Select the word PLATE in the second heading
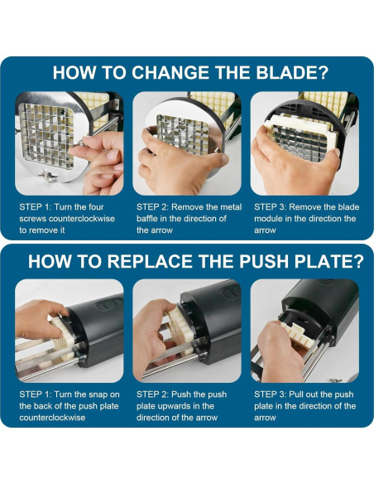324,261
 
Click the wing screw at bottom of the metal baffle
48,176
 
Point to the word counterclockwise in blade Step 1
82,219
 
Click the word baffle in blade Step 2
146,219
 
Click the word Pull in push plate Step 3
295,394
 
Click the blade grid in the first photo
46,135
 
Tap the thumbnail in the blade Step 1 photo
113,155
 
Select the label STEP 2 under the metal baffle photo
152,207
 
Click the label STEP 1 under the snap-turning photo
35,394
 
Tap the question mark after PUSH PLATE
358,261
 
